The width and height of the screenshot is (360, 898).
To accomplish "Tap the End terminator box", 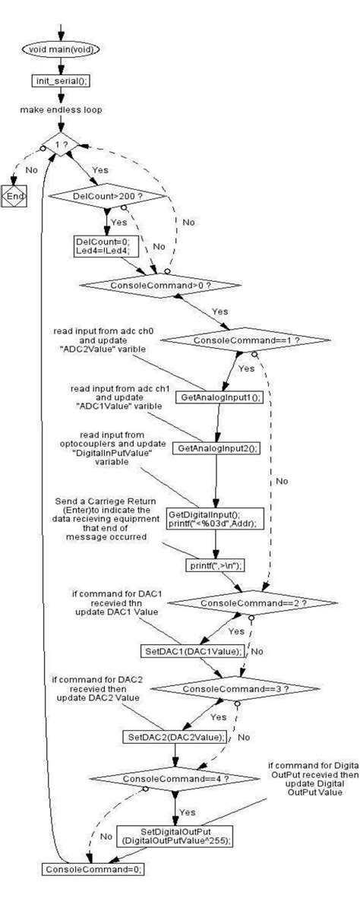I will point(13,198).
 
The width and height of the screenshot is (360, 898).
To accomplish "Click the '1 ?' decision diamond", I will point(59,143).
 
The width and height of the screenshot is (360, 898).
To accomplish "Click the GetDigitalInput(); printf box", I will point(215,518).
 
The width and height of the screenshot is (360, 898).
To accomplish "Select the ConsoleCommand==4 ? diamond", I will point(175,778).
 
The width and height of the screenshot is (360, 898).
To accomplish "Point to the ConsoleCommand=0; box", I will point(92,868).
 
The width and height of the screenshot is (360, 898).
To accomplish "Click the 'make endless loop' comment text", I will point(62,109).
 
